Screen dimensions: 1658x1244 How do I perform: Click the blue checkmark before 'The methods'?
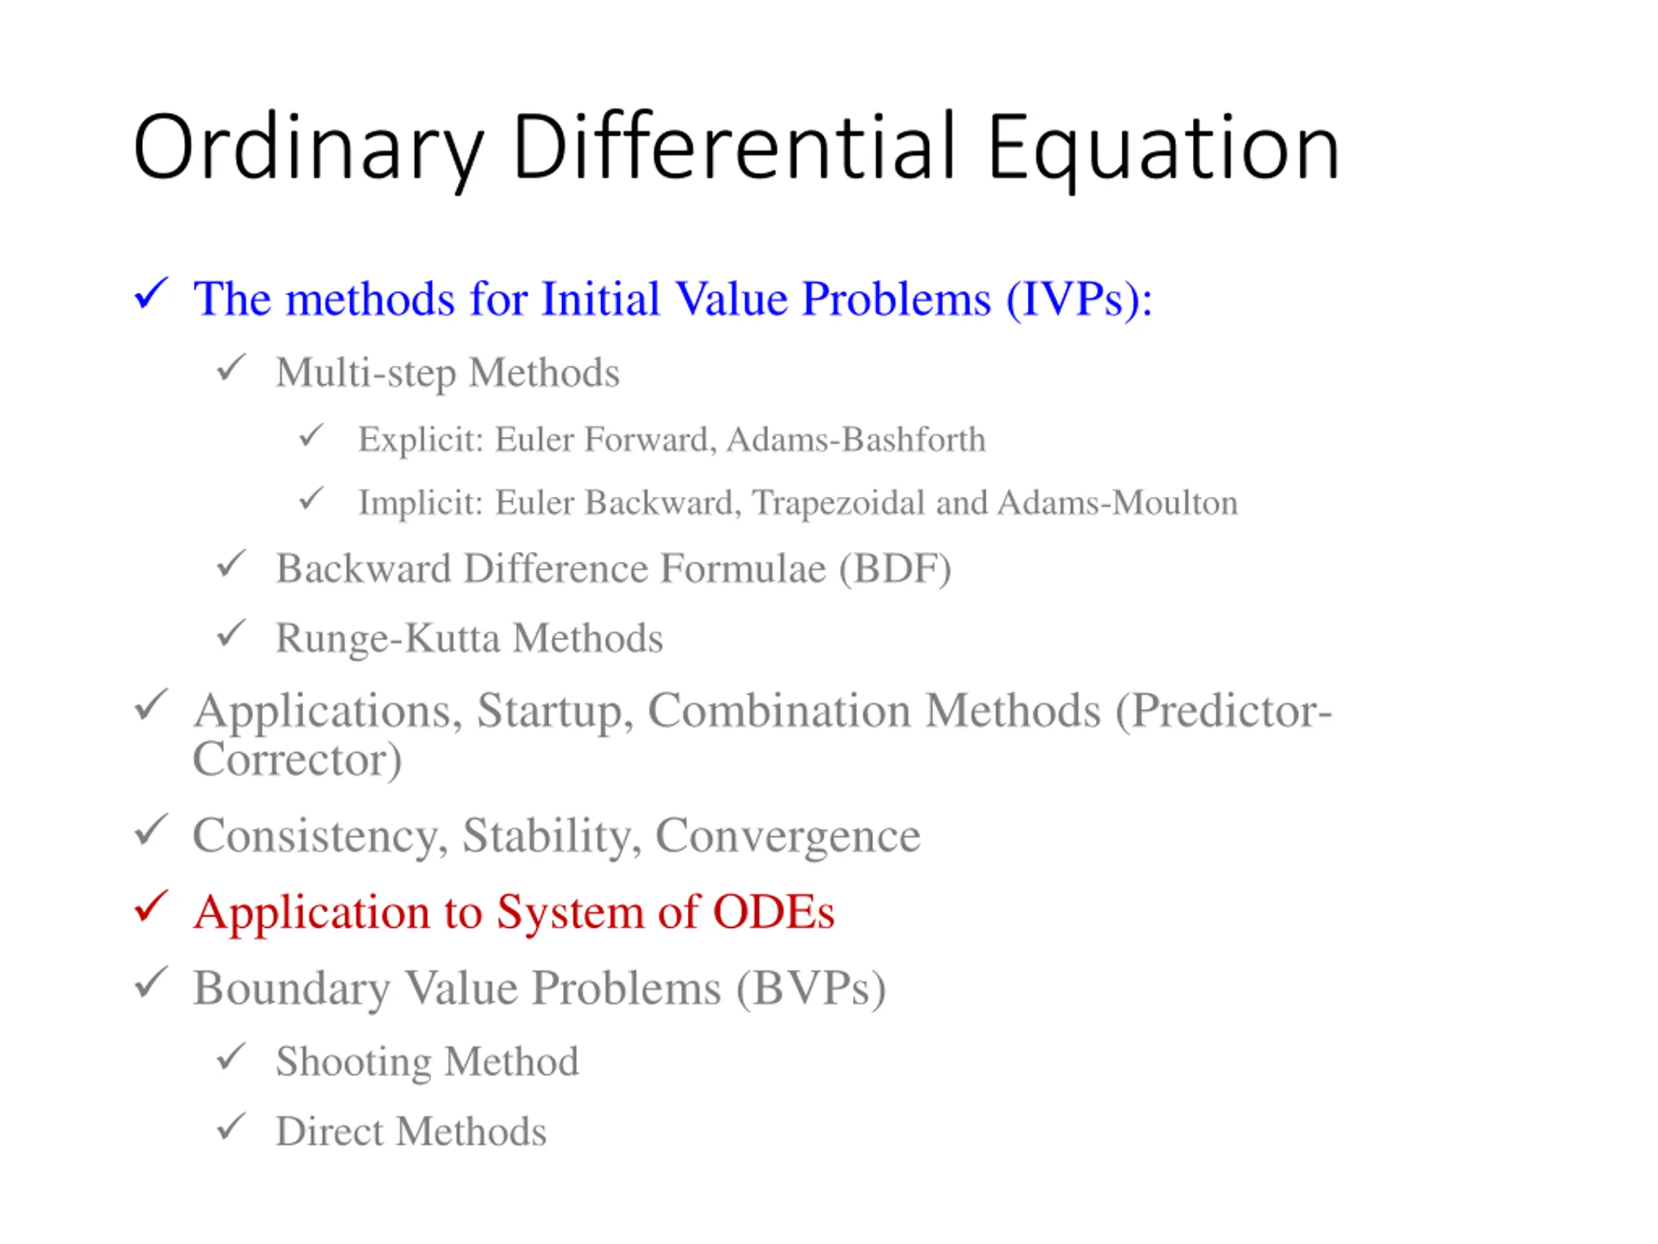tap(151, 294)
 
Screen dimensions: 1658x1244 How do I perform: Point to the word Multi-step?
tap(366, 373)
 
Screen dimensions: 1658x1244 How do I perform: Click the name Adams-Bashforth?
tap(856, 439)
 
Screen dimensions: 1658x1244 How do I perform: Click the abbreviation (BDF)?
tap(894, 569)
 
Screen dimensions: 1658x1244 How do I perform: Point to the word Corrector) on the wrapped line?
tap(297, 759)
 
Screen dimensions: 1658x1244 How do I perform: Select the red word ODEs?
tap(773, 912)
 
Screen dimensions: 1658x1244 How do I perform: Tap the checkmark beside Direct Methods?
tap(231, 1127)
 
